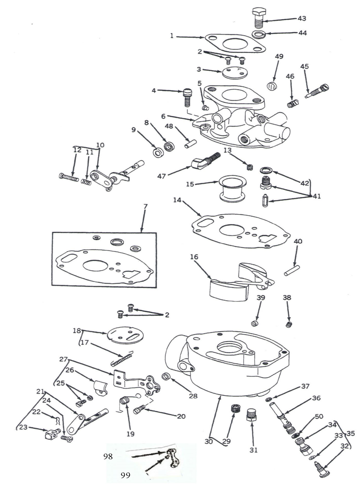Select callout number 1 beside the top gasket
[172, 36]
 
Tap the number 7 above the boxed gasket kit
[145, 207]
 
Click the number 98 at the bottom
[108, 456]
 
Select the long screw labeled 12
[69, 176]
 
